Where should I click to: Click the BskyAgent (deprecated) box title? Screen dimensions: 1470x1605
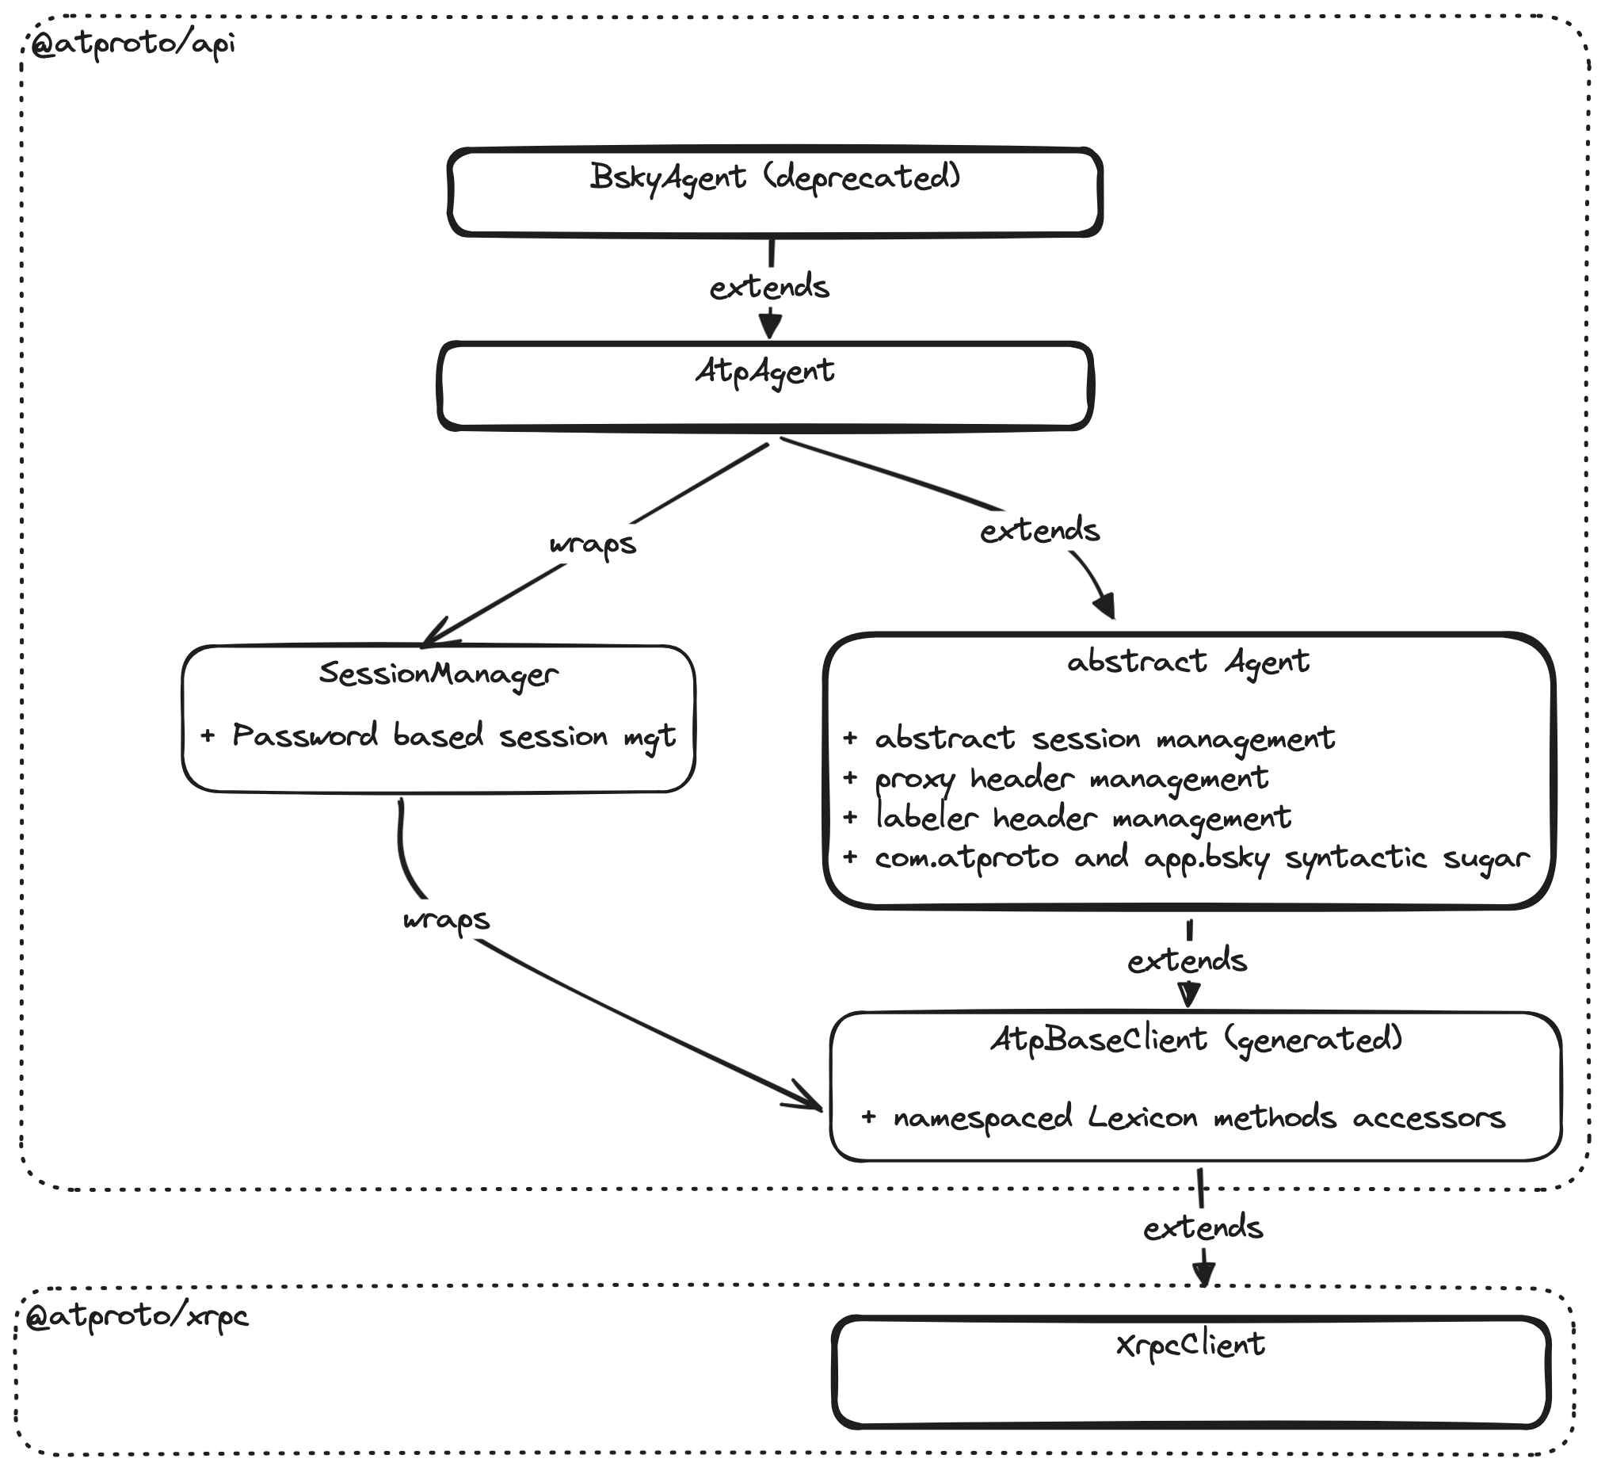pos(776,177)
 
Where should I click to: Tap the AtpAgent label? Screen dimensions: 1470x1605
pos(765,371)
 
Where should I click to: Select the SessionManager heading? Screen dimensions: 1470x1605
pos(439,674)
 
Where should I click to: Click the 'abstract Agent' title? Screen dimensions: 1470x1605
pos(1188,662)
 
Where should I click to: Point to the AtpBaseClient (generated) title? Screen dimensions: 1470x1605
pos(1195,1040)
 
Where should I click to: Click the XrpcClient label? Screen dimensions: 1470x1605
pos(1190,1346)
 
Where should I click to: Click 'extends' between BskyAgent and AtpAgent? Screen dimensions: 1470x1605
pos(770,288)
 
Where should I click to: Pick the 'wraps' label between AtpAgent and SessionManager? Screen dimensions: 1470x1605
pos(593,544)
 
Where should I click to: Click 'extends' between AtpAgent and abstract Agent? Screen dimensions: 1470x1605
pos(1039,531)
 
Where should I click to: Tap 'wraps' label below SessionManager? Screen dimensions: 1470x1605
pos(447,921)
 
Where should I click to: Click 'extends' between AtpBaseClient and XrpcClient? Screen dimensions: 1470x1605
pos(1203,1229)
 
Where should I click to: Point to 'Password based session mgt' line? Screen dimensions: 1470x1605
pos(454,737)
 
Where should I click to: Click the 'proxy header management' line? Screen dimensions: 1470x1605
pos(1072,778)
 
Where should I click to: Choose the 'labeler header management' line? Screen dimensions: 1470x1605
pos(1083,818)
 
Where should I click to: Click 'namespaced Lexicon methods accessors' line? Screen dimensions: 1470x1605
pos(1199,1118)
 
